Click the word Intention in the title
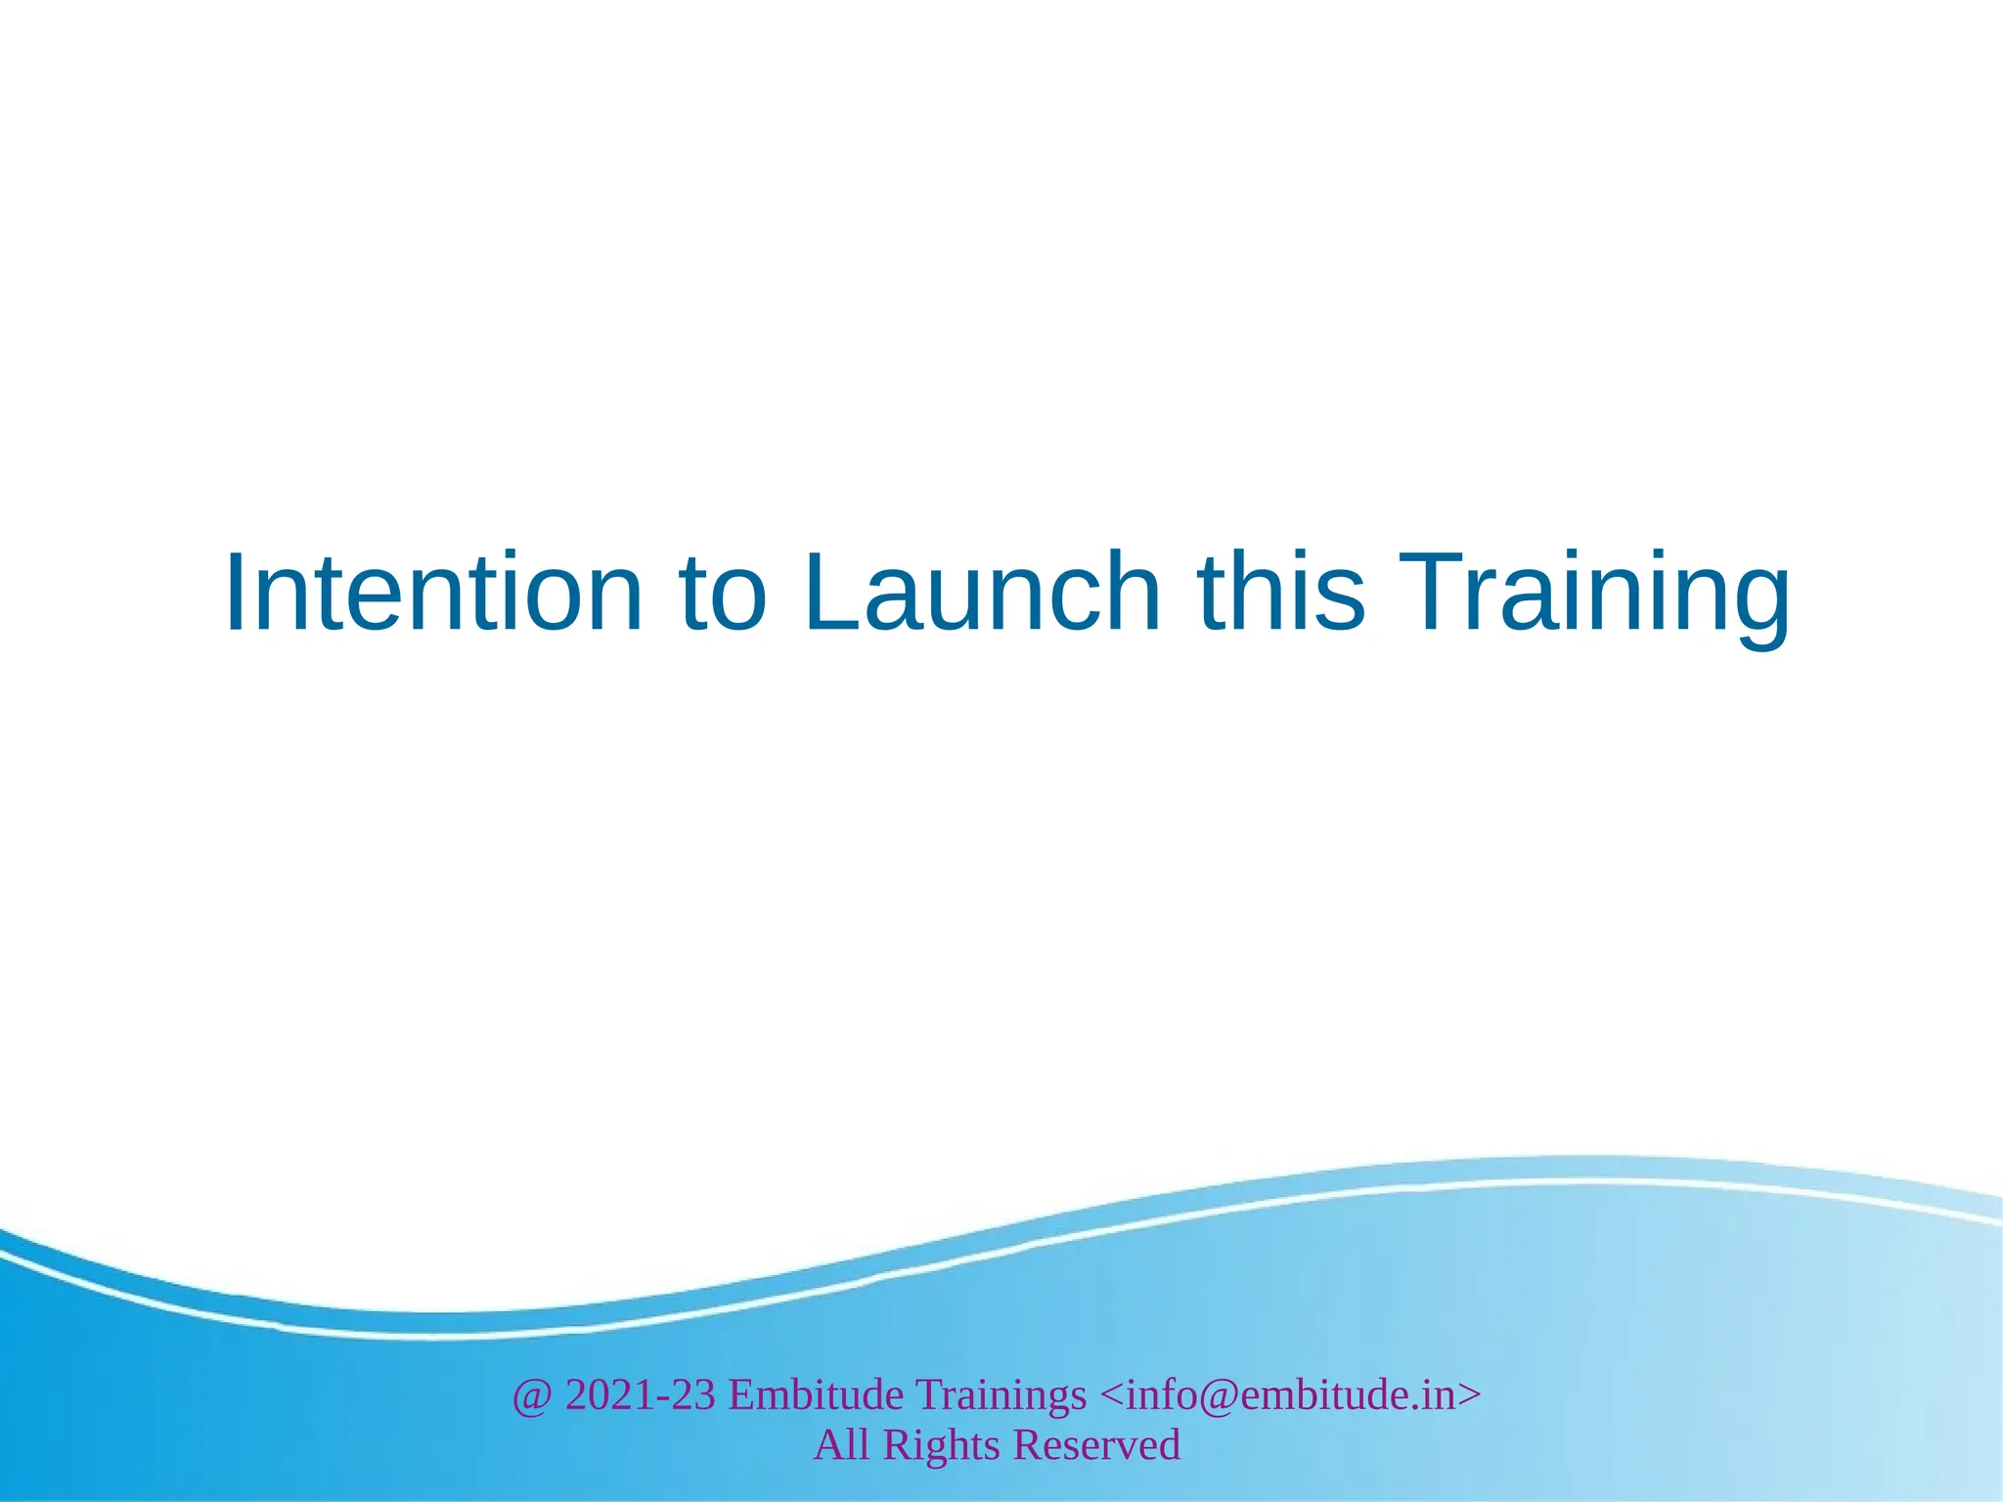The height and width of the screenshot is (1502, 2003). [433, 594]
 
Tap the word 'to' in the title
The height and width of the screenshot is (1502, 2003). [722, 594]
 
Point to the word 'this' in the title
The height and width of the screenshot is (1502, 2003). [1281, 594]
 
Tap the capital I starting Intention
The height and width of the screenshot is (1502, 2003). [236, 594]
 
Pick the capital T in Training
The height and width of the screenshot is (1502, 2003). [1434, 594]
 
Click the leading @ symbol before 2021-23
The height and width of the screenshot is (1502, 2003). [532, 1395]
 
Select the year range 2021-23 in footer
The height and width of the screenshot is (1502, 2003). [640, 1395]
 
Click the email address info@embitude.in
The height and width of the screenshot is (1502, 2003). [1290, 1395]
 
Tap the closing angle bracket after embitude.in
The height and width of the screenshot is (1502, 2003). [1469, 1395]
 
